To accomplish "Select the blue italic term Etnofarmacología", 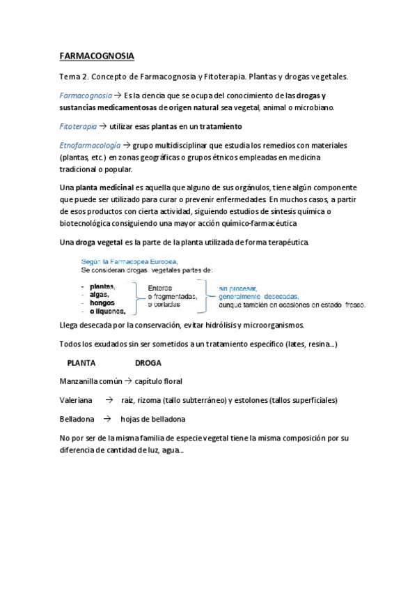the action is tap(91, 145).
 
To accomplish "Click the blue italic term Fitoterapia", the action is tap(78, 126).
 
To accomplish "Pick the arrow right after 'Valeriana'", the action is tap(108, 401).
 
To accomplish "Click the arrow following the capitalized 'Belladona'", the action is tap(107, 420).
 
